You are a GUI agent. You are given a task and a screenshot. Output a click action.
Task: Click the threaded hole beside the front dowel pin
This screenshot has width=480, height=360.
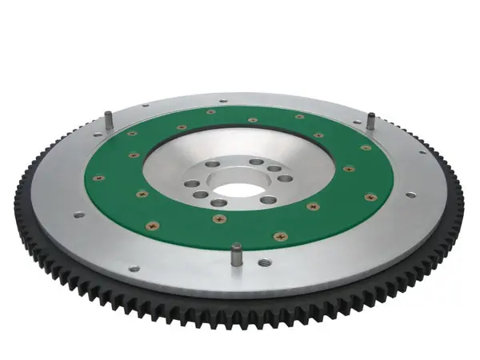point(264,262)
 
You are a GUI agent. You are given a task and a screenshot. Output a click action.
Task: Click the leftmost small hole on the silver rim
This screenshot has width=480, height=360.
point(78,214)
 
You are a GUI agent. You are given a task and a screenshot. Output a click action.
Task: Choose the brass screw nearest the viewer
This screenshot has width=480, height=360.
point(280,237)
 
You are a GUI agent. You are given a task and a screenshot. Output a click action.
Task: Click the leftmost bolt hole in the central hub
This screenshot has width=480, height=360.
point(194,184)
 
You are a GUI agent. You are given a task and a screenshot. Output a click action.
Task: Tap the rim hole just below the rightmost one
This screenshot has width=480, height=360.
point(410,194)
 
